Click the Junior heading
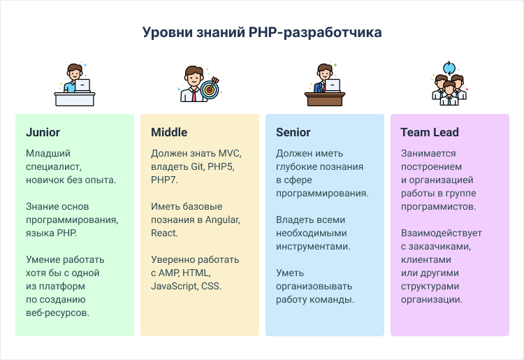[x=43, y=132]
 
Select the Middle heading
[x=169, y=132]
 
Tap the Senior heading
[x=293, y=132]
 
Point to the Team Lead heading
[x=430, y=132]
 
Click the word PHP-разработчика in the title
[x=315, y=33]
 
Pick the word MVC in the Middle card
[x=230, y=153]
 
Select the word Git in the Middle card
[x=197, y=166]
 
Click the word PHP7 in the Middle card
[x=163, y=180]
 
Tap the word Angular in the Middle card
[x=223, y=220]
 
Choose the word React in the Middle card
[x=163, y=233]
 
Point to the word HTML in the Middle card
[x=196, y=273]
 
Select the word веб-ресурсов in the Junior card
[x=57, y=313]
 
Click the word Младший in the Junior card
[x=48, y=153]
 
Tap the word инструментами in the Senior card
[x=313, y=247]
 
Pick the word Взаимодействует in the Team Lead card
[x=442, y=233]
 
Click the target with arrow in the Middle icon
[x=210, y=89]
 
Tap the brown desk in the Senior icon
[x=325, y=99]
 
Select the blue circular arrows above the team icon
[x=449, y=69]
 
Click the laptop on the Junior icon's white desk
[x=82, y=85]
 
